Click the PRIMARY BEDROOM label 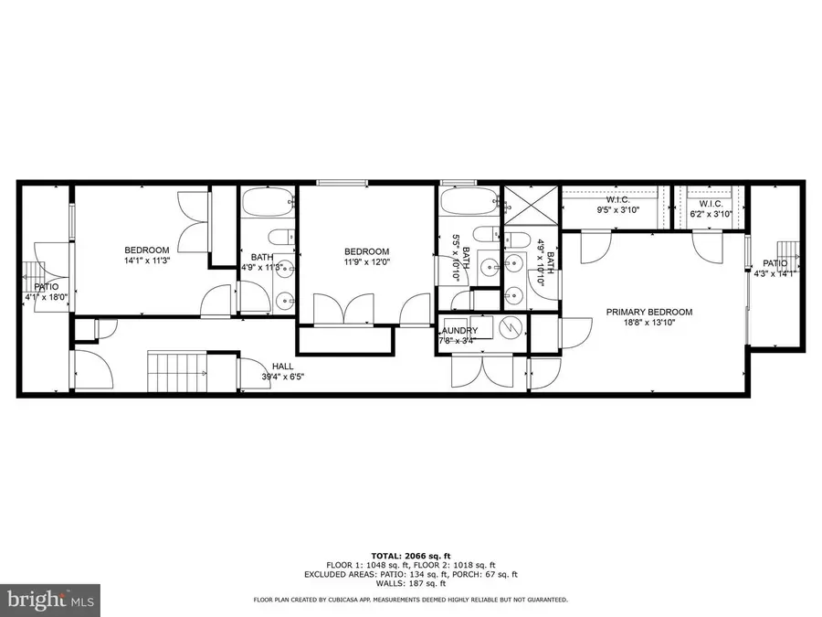coord(649,312)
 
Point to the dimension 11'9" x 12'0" coord(366,262)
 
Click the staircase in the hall coord(178,374)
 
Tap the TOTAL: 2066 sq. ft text coord(410,555)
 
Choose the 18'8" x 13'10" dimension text coord(649,324)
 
